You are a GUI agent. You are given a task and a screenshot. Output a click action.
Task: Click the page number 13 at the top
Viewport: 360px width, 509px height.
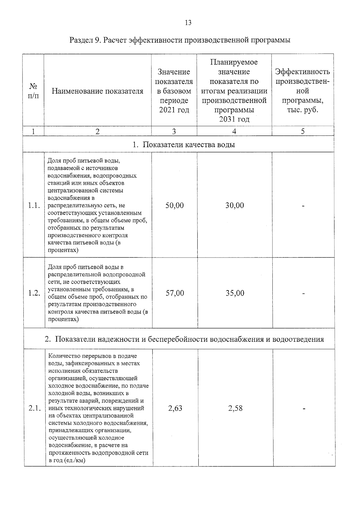pyautogui.click(x=188, y=23)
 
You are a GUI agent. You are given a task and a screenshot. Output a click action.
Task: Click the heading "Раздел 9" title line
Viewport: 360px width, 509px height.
pyautogui.click(x=180, y=40)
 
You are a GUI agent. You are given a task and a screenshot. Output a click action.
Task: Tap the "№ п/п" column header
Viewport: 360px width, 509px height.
pyautogui.click(x=33, y=91)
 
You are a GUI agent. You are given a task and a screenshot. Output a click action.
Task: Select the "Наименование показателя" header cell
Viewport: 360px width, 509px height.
pyautogui.click(x=97, y=91)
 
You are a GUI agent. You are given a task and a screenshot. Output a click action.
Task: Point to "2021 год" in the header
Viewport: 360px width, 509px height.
pyautogui.click(x=174, y=110)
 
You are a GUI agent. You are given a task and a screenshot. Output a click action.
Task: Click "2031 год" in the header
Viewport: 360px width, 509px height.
pyautogui.click(x=234, y=119)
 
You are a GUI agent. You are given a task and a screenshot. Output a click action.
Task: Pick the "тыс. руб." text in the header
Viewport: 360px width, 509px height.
pyautogui.click(x=302, y=110)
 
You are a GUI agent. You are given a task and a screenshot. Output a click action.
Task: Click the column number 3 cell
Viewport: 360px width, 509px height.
pyautogui.click(x=174, y=131)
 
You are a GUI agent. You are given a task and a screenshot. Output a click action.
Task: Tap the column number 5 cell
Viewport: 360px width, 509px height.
pyautogui.click(x=303, y=131)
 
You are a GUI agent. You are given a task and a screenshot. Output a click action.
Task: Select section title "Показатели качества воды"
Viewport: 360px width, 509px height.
pyautogui.click(x=184, y=145)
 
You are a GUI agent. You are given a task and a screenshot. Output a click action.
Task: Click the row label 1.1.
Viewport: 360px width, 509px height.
pyautogui.click(x=34, y=206)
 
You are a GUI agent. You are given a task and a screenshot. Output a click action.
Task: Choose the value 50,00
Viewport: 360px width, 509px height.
pyautogui.click(x=175, y=206)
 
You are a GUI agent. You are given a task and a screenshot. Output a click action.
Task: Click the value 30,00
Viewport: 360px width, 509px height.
pyautogui.click(x=235, y=206)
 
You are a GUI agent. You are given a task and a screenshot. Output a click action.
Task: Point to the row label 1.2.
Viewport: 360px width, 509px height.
pyautogui.click(x=34, y=293)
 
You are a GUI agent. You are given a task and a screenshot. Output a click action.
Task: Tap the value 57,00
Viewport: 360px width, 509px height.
pyautogui.click(x=175, y=293)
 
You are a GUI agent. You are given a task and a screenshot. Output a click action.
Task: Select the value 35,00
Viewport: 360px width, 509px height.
pyautogui.click(x=235, y=293)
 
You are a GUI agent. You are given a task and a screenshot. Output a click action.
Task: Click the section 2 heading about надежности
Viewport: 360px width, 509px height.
pyautogui.click(x=184, y=339)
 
